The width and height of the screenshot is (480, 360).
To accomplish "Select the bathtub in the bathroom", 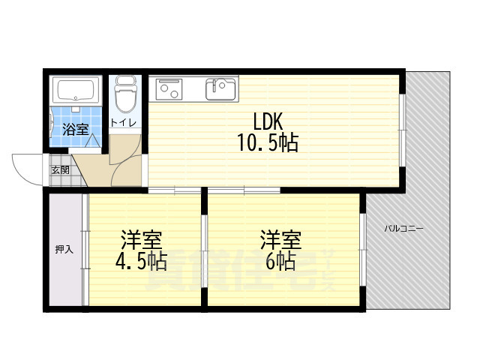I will point(78,91).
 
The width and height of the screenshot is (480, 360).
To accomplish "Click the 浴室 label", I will point(76,129).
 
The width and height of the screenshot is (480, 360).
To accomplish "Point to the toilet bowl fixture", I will point(124,95).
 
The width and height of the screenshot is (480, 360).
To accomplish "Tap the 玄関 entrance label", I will point(61,169).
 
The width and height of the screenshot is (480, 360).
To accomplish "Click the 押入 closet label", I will point(64,249).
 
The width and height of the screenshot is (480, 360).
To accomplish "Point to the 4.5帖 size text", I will point(141,262).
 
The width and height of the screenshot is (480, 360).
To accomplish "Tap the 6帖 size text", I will point(279,262).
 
